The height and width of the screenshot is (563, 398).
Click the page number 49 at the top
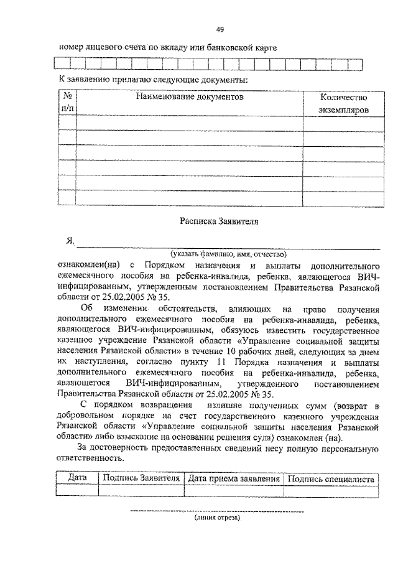[220, 29]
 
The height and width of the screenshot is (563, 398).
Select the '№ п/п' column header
[68, 103]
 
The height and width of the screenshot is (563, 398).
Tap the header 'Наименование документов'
[190, 98]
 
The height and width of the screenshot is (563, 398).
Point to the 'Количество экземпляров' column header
[343, 103]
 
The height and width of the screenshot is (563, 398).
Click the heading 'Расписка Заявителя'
[219, 220]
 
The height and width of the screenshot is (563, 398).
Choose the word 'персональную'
[348, 448]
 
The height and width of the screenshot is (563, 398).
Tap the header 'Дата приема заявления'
[233, 479]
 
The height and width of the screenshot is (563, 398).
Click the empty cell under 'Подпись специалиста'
[330, 491]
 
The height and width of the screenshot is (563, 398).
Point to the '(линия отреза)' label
[216, 518]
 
